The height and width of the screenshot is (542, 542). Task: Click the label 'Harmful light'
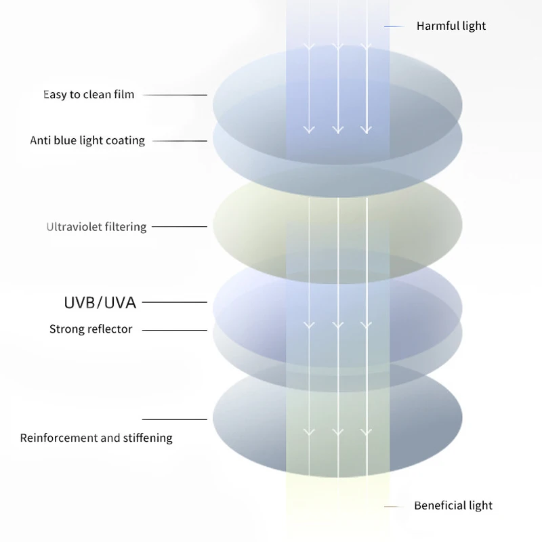[451, 26]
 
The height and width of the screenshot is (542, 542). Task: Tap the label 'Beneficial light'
[453, 506]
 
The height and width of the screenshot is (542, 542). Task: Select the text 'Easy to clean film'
[89, 95]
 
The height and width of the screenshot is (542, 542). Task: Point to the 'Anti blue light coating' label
[87, 141]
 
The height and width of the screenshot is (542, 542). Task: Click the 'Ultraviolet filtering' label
[96, 227]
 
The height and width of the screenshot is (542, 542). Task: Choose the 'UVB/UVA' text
[100, 302]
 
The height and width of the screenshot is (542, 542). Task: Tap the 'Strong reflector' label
[91, 329]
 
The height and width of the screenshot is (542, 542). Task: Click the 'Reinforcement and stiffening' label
[96, 438]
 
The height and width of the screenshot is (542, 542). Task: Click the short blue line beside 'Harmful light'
[394, 26]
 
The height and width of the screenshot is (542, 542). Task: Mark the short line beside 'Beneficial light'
[394, 506]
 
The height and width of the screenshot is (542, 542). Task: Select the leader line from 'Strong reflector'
[175, 330]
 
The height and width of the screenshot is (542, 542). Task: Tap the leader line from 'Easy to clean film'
[175, 95]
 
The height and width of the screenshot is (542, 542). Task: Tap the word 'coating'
[125, 141]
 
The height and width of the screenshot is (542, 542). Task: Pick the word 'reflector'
[109, 329]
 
